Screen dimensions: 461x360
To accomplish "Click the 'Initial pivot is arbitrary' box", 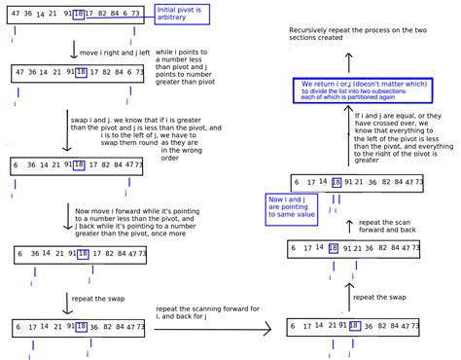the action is pos(182,16).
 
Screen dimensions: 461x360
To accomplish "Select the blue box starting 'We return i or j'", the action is pos(364,90).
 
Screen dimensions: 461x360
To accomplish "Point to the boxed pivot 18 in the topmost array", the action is pos(79,16).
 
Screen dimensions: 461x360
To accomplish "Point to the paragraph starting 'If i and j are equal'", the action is pos(402,136).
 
